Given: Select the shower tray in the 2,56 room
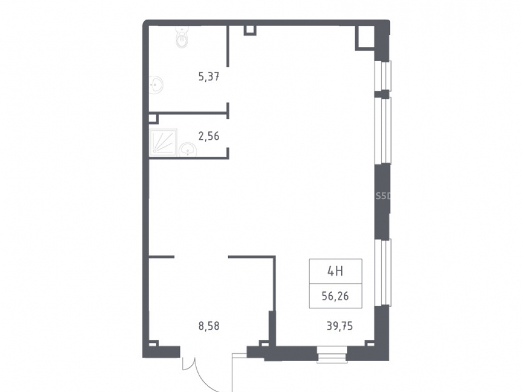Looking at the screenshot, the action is point(164,142).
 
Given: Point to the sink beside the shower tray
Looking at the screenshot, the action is point(188,149).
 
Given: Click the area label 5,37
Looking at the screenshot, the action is point(209,77).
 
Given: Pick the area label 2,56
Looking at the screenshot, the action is point(209,136).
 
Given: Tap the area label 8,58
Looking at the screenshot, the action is point(209,326).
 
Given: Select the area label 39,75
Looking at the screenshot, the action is point(339,326).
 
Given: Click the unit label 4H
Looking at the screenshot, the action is point(335,272).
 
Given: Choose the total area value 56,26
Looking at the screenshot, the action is point(335,296).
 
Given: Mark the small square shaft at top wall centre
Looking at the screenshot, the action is point(250,30).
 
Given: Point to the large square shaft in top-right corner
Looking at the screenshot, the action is point(365,38).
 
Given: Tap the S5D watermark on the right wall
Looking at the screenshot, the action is point(383,197).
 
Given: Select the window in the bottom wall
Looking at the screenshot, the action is point(332,354).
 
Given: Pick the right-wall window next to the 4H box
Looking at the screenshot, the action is point(383,272).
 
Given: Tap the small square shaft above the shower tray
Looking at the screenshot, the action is point(153,119).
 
